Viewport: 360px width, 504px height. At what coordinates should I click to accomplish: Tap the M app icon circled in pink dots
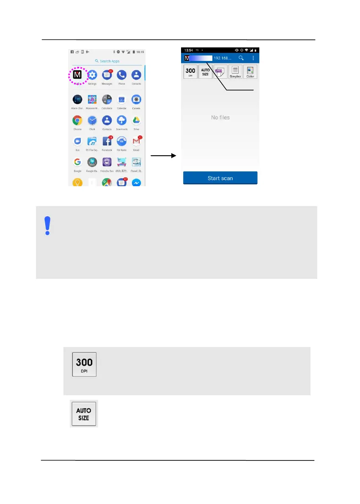[77, 75]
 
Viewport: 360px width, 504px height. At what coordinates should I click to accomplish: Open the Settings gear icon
[92, 75]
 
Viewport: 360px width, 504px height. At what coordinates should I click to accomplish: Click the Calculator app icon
[107, 100]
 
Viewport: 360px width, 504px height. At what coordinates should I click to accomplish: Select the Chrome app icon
[77, 121]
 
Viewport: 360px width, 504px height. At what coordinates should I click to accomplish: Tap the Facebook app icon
[107, 142]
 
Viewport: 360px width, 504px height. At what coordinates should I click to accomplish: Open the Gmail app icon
[136, 142]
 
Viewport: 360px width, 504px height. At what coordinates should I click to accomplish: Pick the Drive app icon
[136, 121]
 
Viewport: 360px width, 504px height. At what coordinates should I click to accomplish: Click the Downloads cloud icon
[121, 121]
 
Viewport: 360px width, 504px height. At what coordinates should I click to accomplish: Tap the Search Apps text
[109, 61]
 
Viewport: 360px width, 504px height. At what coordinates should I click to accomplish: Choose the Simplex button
[235, 72]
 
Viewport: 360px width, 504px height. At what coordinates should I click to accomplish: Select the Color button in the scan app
[250, 72]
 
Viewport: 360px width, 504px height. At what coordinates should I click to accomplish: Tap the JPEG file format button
[220, 72]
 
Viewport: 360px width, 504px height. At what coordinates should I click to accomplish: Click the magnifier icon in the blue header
[241, 58]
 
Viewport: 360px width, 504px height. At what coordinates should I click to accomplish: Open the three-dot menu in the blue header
[253, 58]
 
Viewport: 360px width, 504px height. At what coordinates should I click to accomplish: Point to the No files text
[220, 117]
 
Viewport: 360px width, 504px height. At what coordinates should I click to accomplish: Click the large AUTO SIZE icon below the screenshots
[84, 413]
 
